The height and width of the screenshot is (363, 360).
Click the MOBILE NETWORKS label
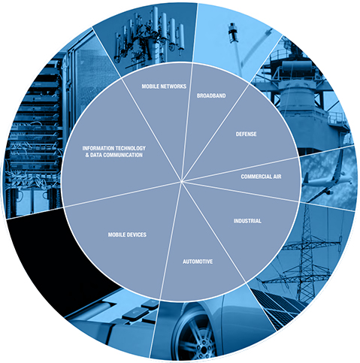(164, 86)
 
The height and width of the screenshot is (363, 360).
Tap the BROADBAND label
(211, 95)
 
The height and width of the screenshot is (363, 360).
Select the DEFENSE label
(246, 134)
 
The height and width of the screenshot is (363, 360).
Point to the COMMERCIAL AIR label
(261, 177)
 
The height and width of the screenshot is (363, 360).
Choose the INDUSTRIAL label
(247, 221)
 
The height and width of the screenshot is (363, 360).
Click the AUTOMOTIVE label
(198, 262)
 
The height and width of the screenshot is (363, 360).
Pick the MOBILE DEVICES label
(127, 234)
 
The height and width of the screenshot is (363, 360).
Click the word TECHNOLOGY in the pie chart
(130, 148)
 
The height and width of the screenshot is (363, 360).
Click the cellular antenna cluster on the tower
(150, 38)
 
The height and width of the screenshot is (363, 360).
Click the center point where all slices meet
(181, 181)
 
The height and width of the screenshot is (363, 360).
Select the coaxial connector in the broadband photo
(233, 32)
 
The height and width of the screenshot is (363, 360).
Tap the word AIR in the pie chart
(277, 177)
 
